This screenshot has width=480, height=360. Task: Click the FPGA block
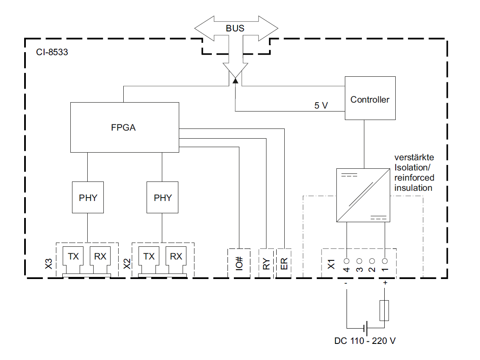pos(124,127)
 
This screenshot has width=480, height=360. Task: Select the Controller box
pos(370,100)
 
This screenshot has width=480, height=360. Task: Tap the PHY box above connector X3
pos(88,198)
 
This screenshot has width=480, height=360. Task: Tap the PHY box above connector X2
pos(163,198)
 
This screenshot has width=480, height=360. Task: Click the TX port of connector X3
pos(73,257)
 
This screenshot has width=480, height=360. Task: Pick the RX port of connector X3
pos(100,257)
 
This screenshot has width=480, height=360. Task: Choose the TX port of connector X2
pos(149,257)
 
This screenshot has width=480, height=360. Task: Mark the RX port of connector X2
pos(176,257)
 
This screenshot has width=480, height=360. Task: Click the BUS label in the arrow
pos(235,29)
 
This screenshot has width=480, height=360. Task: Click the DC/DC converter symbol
pos(363,195)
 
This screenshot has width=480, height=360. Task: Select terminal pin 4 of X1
pos(347,261)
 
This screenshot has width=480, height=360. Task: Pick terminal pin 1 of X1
pos(385,261)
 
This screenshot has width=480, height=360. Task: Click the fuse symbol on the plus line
pos(385,310)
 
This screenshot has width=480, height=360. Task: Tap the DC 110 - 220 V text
pos(365,340)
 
